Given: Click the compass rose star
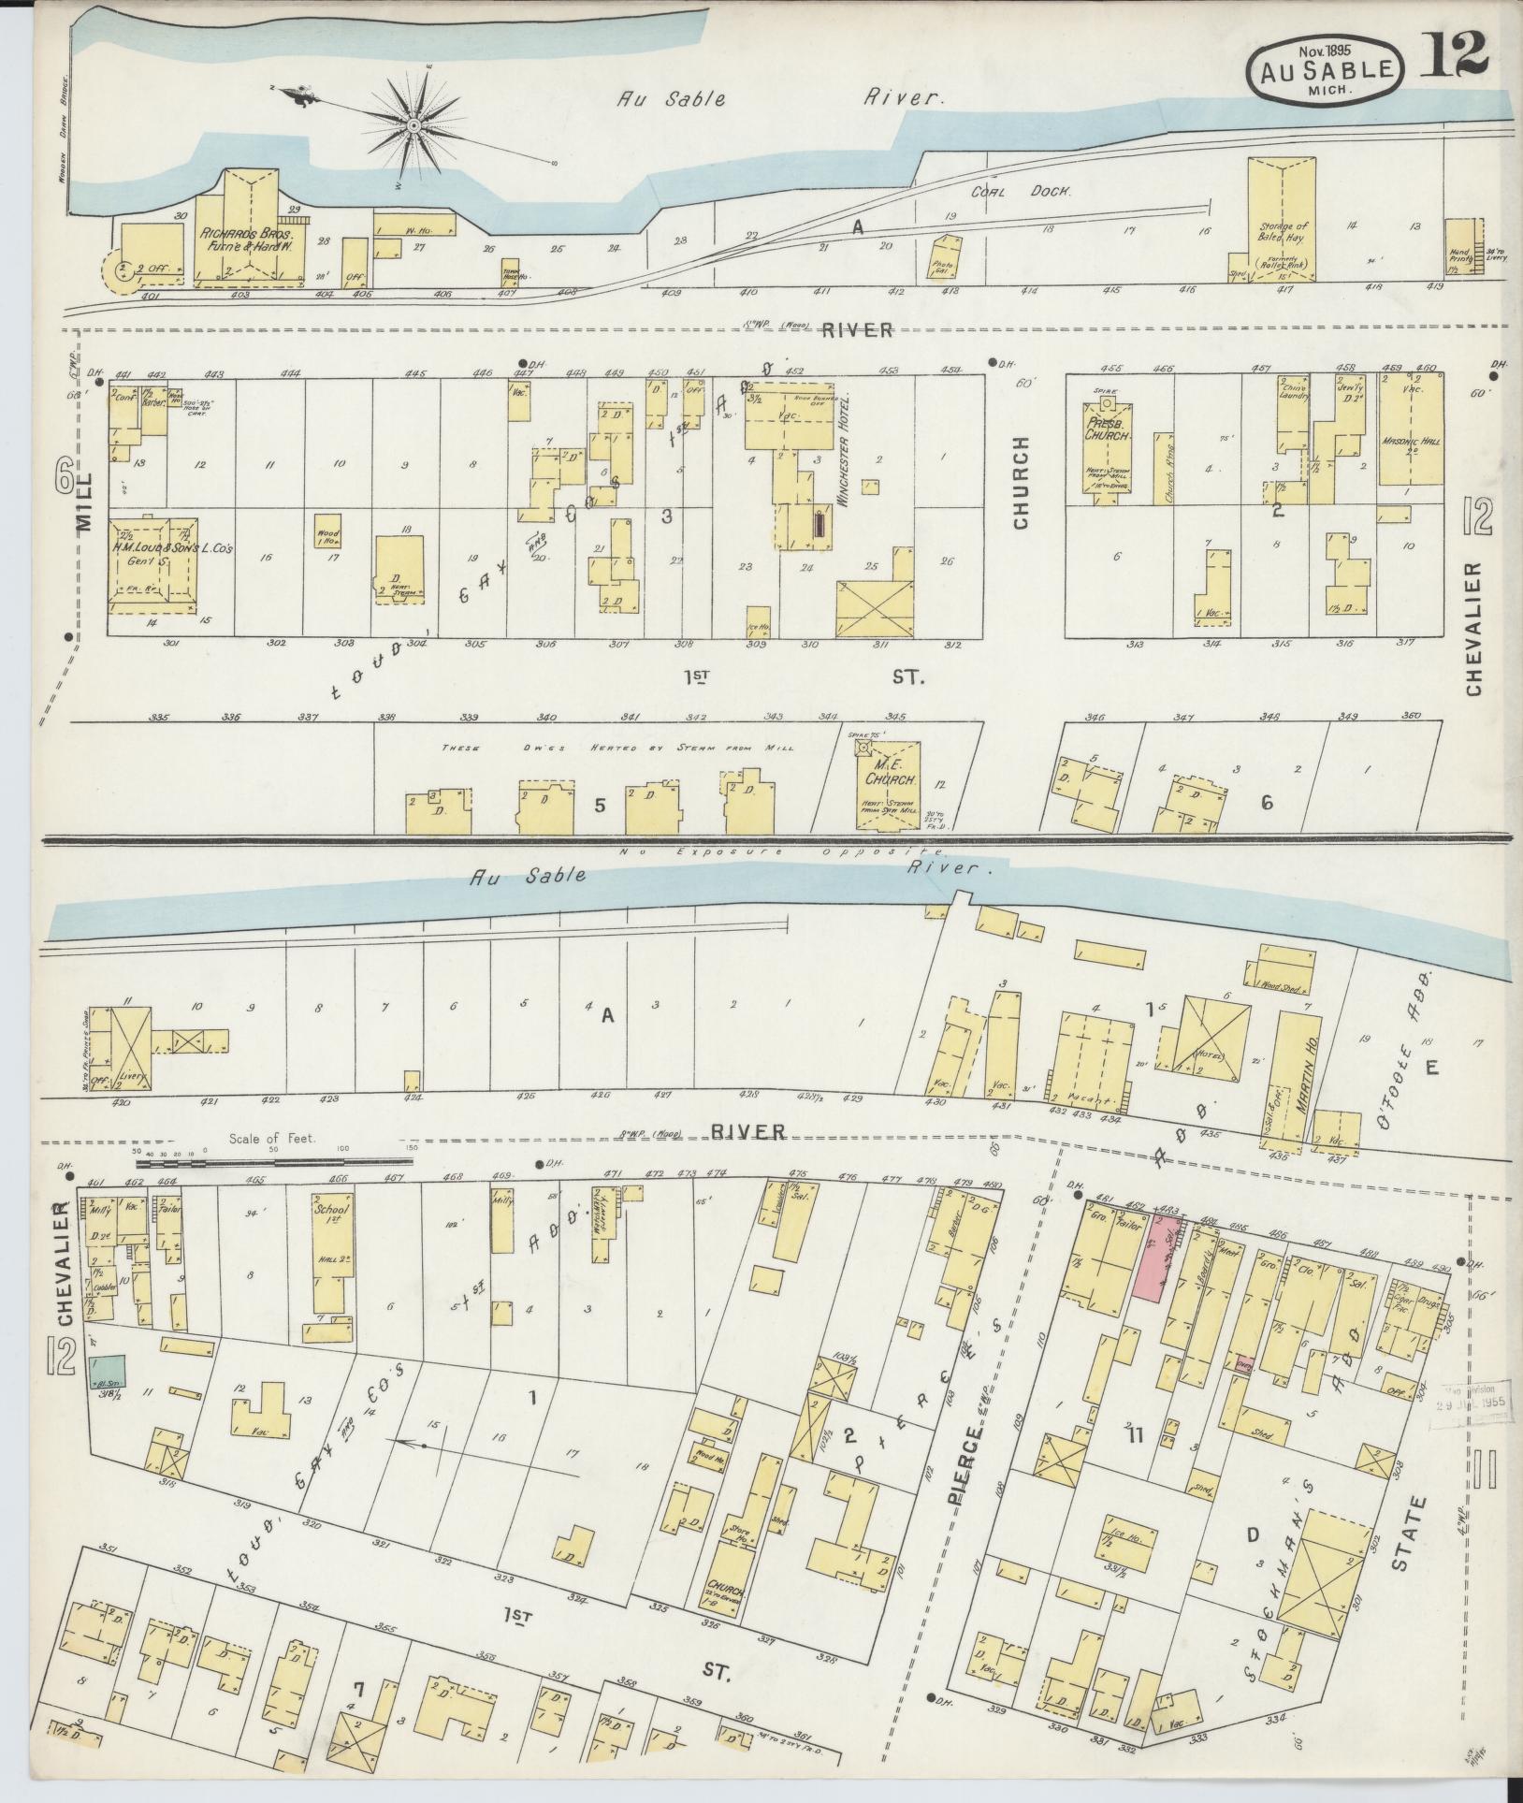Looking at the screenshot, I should pos(412,124).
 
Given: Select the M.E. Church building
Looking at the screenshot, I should pos(883,786).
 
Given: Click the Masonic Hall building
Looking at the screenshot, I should pos(1410,430).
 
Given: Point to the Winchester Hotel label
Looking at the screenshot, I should pos(843,450).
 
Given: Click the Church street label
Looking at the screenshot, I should pos(1021,482).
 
